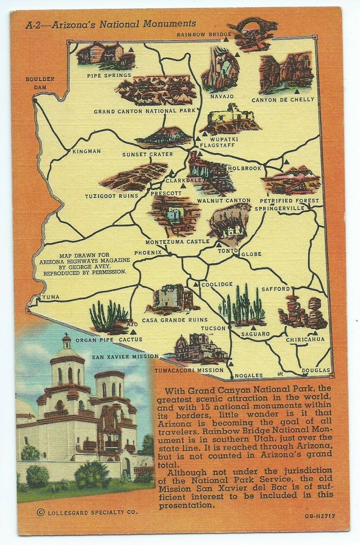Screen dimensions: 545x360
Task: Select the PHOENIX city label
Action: click(x=148, y=253)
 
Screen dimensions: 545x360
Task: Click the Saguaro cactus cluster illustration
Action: click(x=242, y=305)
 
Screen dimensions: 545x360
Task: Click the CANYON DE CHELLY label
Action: click(x=283, y=100)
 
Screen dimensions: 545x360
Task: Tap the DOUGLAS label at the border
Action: click(x=316, y=370)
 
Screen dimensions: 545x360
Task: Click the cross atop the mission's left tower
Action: click(x=67, y=339)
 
